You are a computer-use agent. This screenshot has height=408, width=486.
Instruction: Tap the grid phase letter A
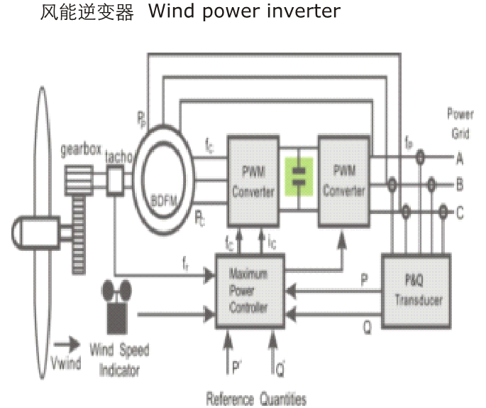click(x=459, y=160)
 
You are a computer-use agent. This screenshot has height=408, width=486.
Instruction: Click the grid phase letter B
click(x=459, y=186)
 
